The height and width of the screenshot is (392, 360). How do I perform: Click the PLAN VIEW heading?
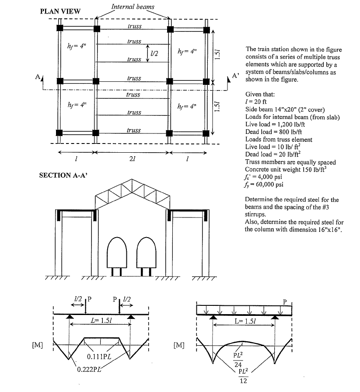(x=60, y=11)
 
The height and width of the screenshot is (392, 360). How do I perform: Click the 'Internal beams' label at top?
(x=133, y=7)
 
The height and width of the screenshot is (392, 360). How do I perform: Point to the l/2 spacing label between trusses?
(x=154, y=52)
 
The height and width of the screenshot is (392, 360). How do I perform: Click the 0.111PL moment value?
(x=99, y=356)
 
